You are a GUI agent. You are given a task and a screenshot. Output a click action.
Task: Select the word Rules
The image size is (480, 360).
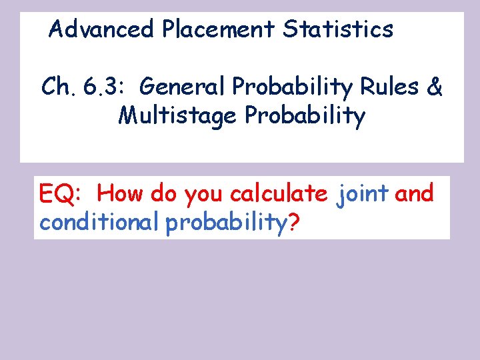[392, 87]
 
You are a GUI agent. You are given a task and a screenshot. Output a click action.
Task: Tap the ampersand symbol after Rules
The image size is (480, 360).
[433, 87]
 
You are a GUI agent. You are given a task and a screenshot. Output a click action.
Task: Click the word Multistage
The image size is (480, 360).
[178, 116]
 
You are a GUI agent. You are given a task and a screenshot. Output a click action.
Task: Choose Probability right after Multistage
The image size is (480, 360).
[305, 117]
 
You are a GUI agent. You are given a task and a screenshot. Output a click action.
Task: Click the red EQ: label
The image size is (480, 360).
[61, 195]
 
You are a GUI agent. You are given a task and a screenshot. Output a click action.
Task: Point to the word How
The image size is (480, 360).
[121, 194]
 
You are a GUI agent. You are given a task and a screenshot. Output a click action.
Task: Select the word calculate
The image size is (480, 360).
[279, 194]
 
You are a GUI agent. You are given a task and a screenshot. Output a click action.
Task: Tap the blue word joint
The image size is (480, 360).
[363, 194]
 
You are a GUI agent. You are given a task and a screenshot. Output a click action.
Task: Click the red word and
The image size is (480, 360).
[414, 194]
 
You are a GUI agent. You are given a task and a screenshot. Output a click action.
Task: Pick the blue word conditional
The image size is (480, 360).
[99, 223]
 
